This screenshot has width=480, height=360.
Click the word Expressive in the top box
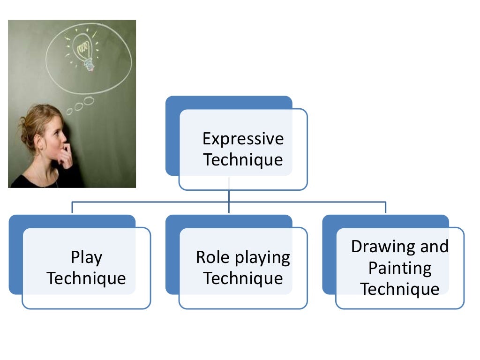(x=243, y=139)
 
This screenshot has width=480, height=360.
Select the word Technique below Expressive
(x=243, y=160)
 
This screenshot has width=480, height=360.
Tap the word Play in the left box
(x=86, y=257)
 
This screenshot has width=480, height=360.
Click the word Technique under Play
(x=86, y=278)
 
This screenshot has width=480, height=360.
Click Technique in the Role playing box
(x=243, y=278)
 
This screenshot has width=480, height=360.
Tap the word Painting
(x=399, y=268)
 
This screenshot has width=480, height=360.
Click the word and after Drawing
(x=434, y=247)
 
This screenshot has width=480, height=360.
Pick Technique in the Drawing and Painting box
(x=399, y=289)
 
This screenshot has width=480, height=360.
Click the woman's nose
(x=65, y=136)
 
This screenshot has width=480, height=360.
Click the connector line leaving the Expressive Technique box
(x=229, y=196)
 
